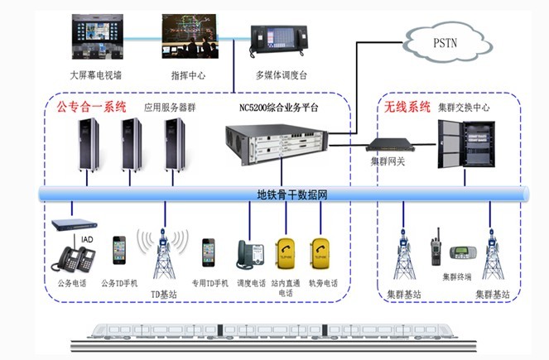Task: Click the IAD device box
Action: coord(75,224)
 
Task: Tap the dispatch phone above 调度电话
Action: coord(250,255)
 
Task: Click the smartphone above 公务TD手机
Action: coord(120,251)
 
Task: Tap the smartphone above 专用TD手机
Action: coord(208,252)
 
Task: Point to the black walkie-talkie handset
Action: coord(432,251)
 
